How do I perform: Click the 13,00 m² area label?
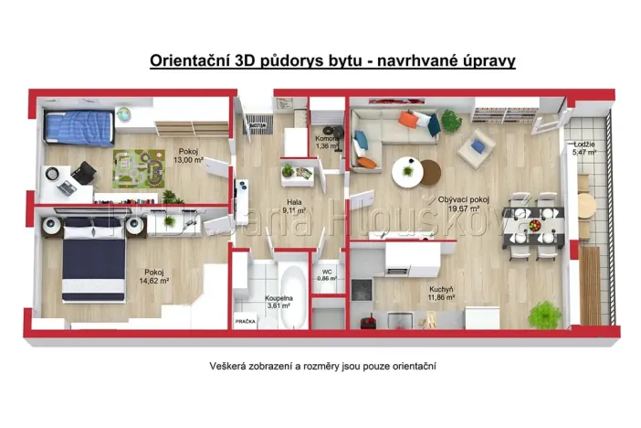click(x=187, y=160)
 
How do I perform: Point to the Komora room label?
click(x=328, y=138)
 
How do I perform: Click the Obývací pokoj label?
click(x=463, y=198)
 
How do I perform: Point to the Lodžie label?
click(x=584, y=144)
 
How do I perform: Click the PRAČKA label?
click(x=246, y=321)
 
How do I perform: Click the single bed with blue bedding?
click(x=79, y=127)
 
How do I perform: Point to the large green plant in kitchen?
click(x=544, y=314)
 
